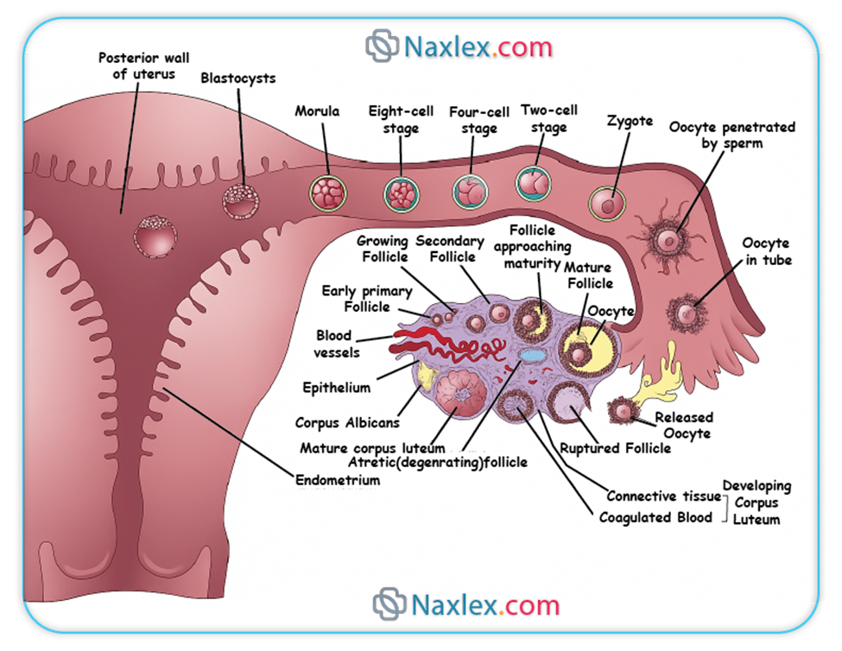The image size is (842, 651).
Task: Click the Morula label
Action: tap(317, 111)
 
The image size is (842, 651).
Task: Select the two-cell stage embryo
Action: tap(534, 183)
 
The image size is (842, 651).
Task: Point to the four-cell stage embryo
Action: tap(471, 191)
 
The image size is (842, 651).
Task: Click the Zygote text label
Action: tap(630, 122)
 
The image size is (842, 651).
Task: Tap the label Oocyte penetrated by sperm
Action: tap(732, 136)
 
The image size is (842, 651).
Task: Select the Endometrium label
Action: tap(337, 480)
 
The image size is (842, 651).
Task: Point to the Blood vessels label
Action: tap(338, 344)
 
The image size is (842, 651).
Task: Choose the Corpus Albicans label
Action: tap(347, 423)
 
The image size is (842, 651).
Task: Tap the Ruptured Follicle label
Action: tap(615, 448)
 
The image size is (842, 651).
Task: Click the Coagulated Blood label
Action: tap(656, 517)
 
